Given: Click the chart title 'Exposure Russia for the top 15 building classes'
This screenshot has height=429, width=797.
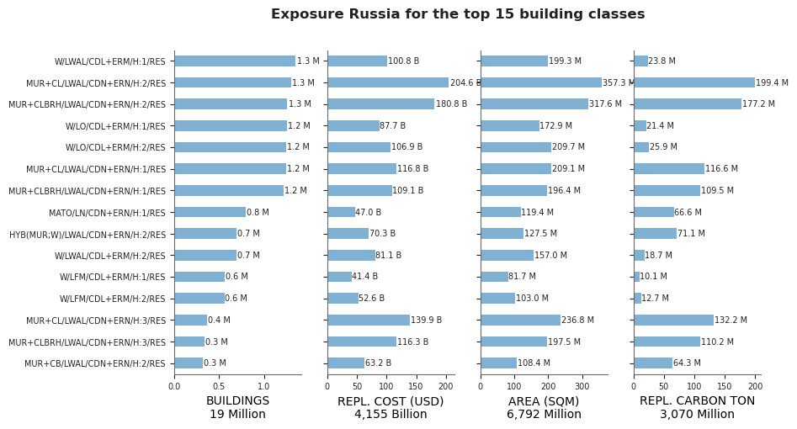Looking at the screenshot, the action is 458,14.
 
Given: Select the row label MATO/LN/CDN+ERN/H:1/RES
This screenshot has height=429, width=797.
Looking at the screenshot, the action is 107,213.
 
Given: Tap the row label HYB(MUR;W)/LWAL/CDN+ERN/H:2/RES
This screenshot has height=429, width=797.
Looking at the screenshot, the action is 88,235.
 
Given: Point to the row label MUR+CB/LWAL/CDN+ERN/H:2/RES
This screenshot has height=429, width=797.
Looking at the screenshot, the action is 95,363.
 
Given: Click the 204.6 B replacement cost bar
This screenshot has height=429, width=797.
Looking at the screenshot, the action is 388,82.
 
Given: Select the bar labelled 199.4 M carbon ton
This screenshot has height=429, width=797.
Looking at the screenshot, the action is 694,82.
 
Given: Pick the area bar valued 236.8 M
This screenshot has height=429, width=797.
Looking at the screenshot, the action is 520,320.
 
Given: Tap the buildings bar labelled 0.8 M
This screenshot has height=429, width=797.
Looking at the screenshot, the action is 210,212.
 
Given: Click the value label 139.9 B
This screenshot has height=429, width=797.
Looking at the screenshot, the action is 427,320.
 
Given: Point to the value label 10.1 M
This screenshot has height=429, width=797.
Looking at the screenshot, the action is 654,277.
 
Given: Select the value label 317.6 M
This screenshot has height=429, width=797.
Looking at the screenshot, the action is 605,103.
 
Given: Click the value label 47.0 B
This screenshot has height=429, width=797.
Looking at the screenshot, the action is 368,212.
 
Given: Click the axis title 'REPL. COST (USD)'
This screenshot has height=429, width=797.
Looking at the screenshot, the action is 391,401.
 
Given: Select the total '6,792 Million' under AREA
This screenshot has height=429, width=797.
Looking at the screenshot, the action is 544,414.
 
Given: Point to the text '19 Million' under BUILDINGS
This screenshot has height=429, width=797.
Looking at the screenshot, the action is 238,414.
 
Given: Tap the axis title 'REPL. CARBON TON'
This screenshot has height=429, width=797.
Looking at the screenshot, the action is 698,401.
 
